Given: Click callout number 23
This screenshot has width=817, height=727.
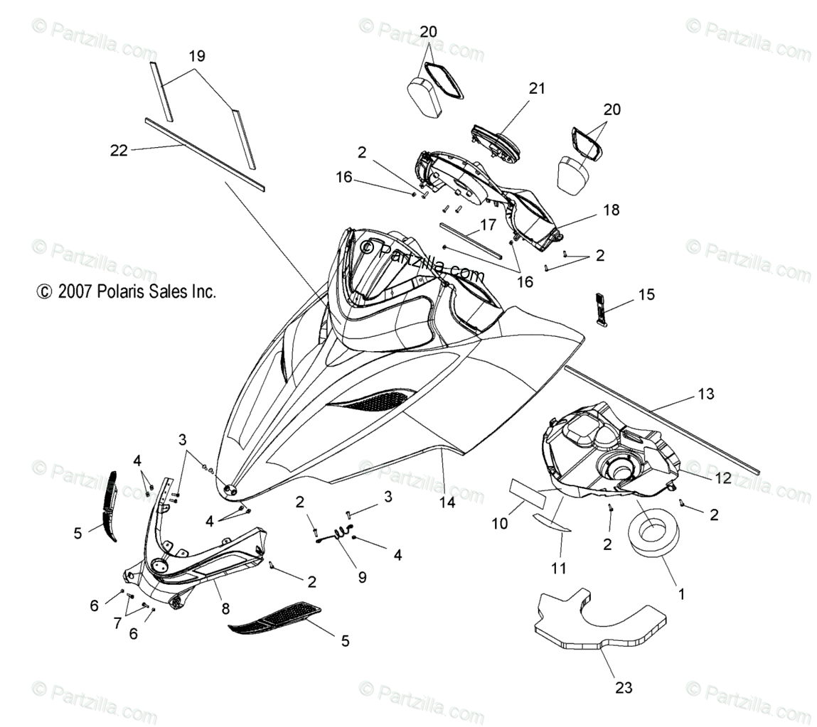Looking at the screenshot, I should [x=623, y=687].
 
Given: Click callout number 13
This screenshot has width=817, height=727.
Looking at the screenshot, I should [x=705, y=394].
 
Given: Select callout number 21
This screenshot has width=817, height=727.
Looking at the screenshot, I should [x=536, y=88].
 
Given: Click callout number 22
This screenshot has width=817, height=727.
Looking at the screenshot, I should [x=119, y=150].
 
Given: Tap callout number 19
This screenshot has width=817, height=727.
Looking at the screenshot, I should [x=196, y=56].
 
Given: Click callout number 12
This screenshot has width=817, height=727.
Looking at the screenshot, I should [x=722, y=478].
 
